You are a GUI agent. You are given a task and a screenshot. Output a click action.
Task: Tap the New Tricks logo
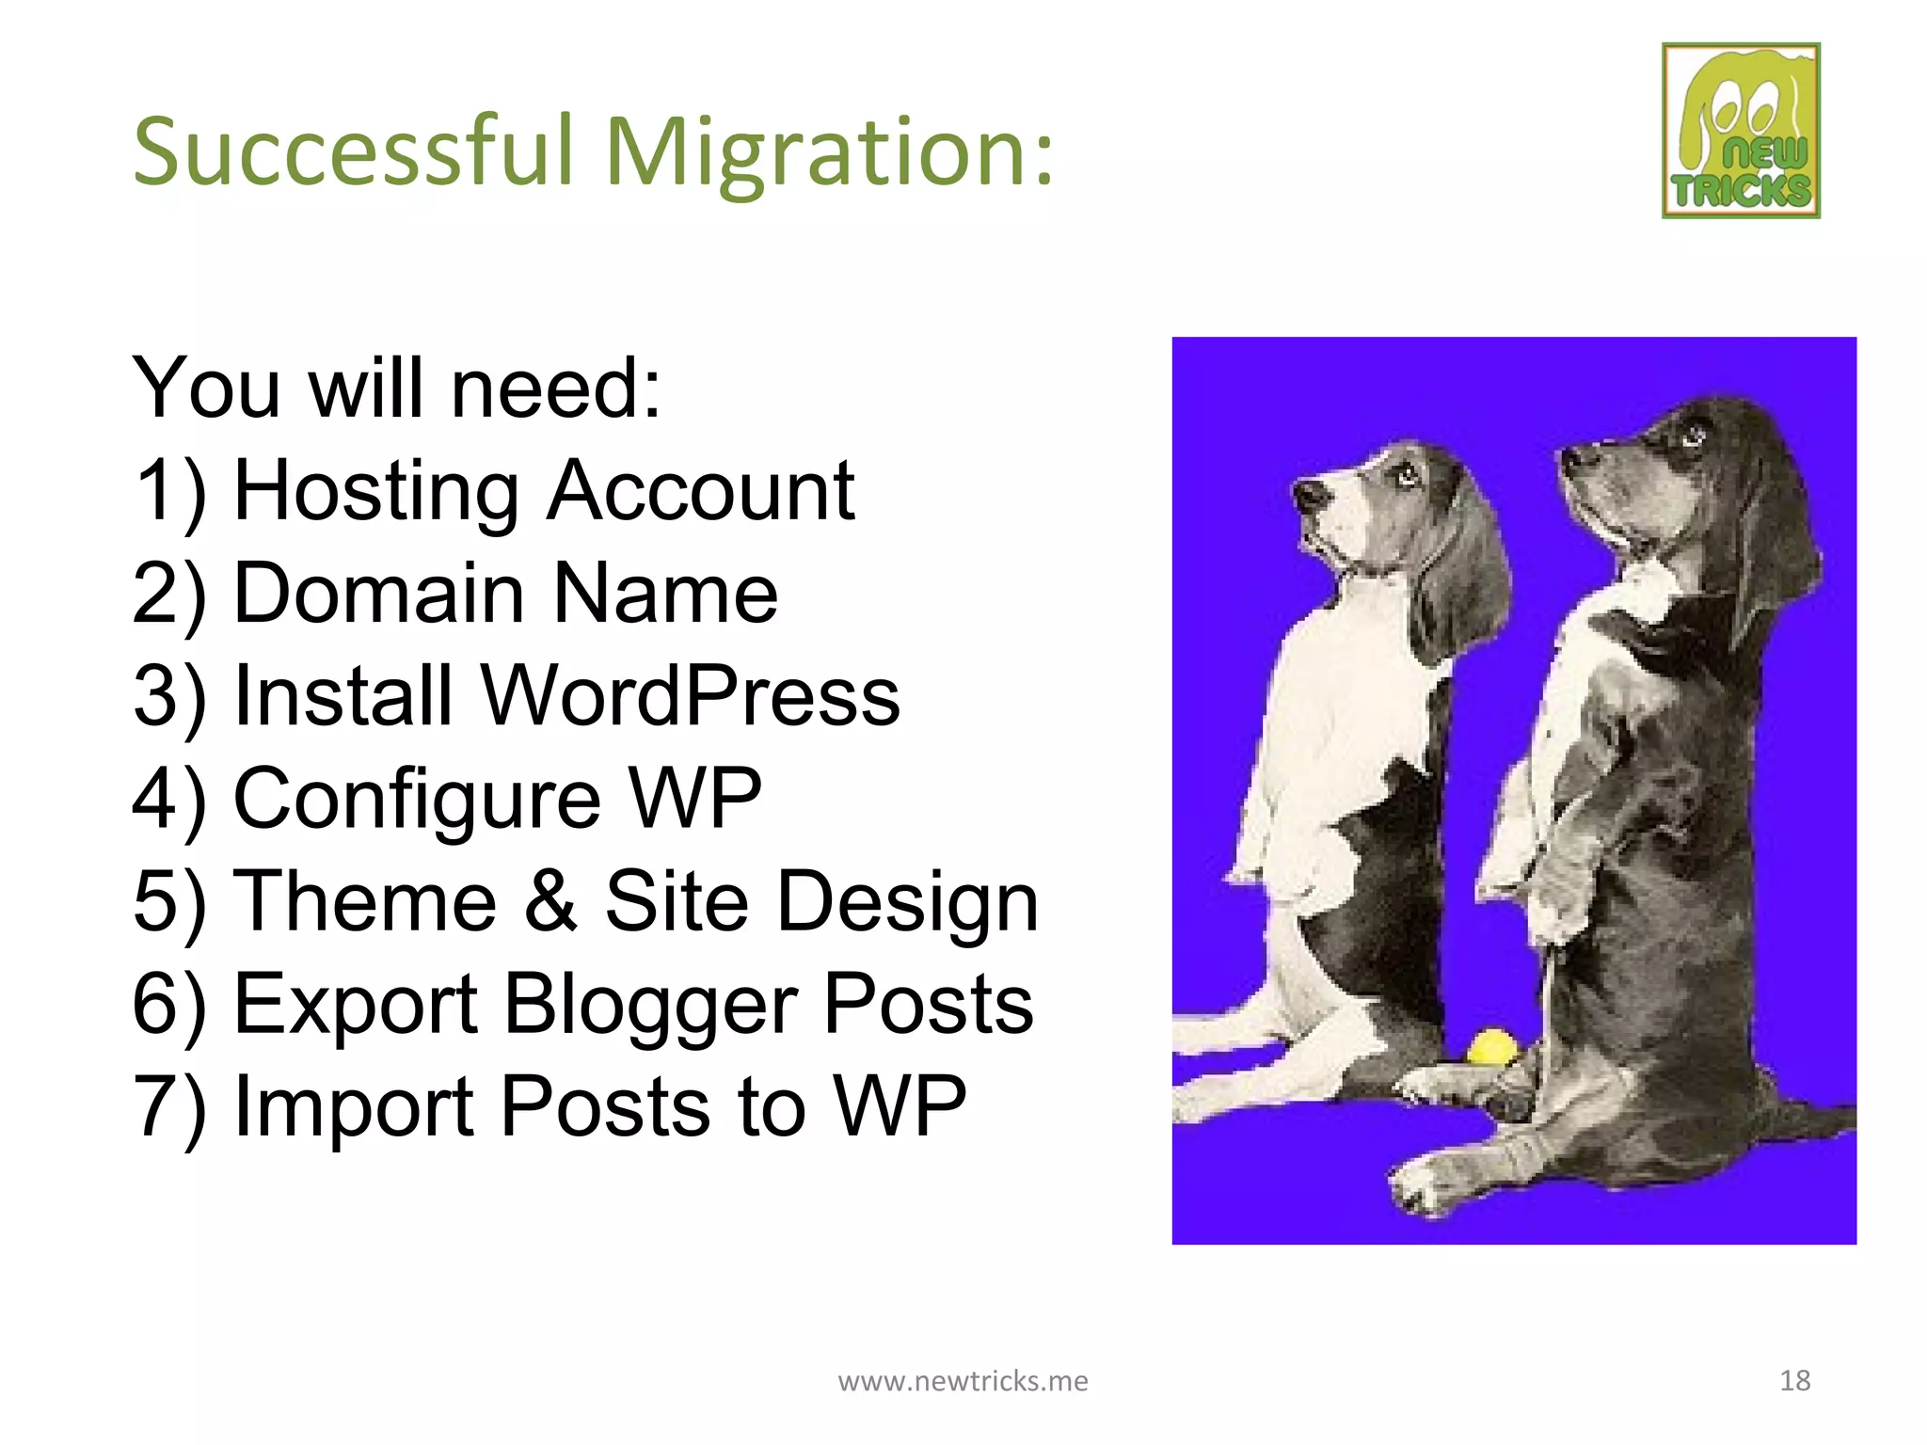(1741, 131)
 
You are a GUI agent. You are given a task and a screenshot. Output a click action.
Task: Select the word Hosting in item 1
(375, 491)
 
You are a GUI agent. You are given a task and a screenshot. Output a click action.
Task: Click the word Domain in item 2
(377, 594)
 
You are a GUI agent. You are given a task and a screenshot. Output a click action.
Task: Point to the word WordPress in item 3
(690, 696)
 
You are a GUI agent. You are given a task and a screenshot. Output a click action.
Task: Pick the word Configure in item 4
(417, 800)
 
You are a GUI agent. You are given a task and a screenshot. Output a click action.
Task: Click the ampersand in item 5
(550, 900)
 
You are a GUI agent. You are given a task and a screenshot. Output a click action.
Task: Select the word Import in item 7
(353, 1107)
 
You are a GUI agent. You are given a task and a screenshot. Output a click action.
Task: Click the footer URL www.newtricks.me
(963, 1380)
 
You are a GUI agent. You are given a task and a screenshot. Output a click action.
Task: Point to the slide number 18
(1794, 1380)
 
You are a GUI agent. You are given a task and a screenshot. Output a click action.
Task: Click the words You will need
(395, 388)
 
